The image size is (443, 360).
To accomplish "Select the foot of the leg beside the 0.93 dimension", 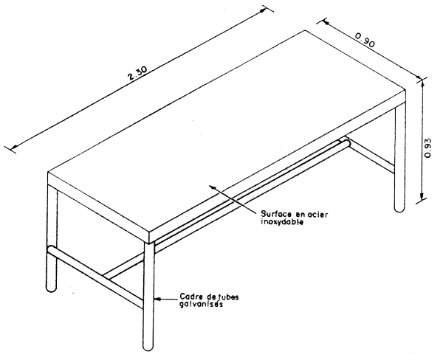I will [x=399, y=207].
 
